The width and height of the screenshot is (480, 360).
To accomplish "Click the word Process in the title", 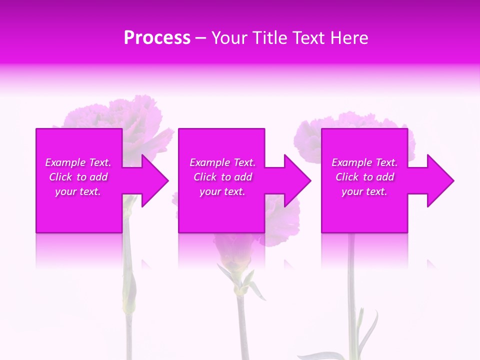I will point(157,38).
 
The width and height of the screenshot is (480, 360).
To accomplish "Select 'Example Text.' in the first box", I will point(78,162).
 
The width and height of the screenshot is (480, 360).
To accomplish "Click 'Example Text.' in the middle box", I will point(222,162).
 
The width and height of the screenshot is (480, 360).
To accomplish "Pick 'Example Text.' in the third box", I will point(364,162).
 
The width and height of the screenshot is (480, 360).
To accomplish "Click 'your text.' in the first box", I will point(78,191).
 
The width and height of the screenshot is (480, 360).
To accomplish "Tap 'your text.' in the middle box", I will point(222,191).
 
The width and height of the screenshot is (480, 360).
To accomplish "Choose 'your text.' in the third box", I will point(364,191).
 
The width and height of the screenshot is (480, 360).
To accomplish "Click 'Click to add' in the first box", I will point(78,177).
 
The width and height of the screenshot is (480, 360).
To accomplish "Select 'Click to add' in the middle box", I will point(222,177).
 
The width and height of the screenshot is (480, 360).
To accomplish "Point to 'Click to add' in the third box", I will point(364,177).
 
